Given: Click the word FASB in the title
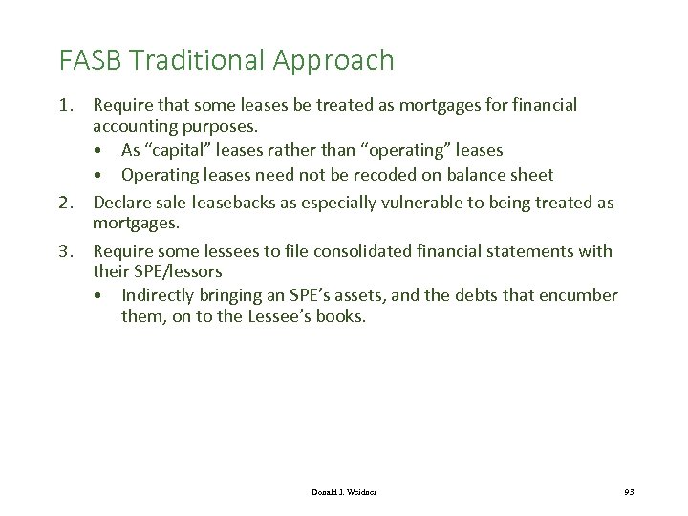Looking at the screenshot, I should [x=91, y=61].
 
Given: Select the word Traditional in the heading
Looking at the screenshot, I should [x=195, y=61].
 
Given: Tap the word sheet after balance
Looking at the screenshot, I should [x=532, y=176].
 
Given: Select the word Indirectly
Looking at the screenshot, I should [x=160, y=295].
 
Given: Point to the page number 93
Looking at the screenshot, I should [x=629, y=491].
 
